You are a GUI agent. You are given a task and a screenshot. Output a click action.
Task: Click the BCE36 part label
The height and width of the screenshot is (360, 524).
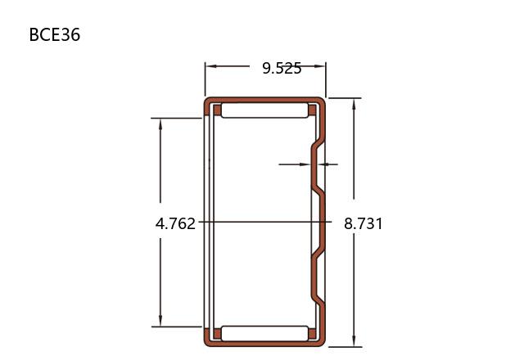[55, 34]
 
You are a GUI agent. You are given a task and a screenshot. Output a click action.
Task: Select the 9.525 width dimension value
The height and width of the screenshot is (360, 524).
[282, 68]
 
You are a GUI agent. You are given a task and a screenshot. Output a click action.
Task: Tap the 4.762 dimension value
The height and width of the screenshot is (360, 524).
[175, 223]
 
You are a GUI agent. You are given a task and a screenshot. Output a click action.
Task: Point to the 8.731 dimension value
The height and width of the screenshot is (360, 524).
[364, 223]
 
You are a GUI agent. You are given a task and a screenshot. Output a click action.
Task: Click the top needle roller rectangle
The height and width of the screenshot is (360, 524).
[264, 110]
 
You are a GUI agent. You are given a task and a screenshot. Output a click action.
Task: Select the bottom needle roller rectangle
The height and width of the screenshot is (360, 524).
[264, 334]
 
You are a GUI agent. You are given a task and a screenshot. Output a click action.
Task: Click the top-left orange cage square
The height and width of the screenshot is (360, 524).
[217, 110]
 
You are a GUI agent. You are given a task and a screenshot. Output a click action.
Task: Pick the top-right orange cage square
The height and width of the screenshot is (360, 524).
[312, 110]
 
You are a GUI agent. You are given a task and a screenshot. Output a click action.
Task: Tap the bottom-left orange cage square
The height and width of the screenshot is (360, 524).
[217, 334]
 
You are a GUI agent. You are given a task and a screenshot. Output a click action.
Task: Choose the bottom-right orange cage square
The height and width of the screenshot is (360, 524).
[312, 334]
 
